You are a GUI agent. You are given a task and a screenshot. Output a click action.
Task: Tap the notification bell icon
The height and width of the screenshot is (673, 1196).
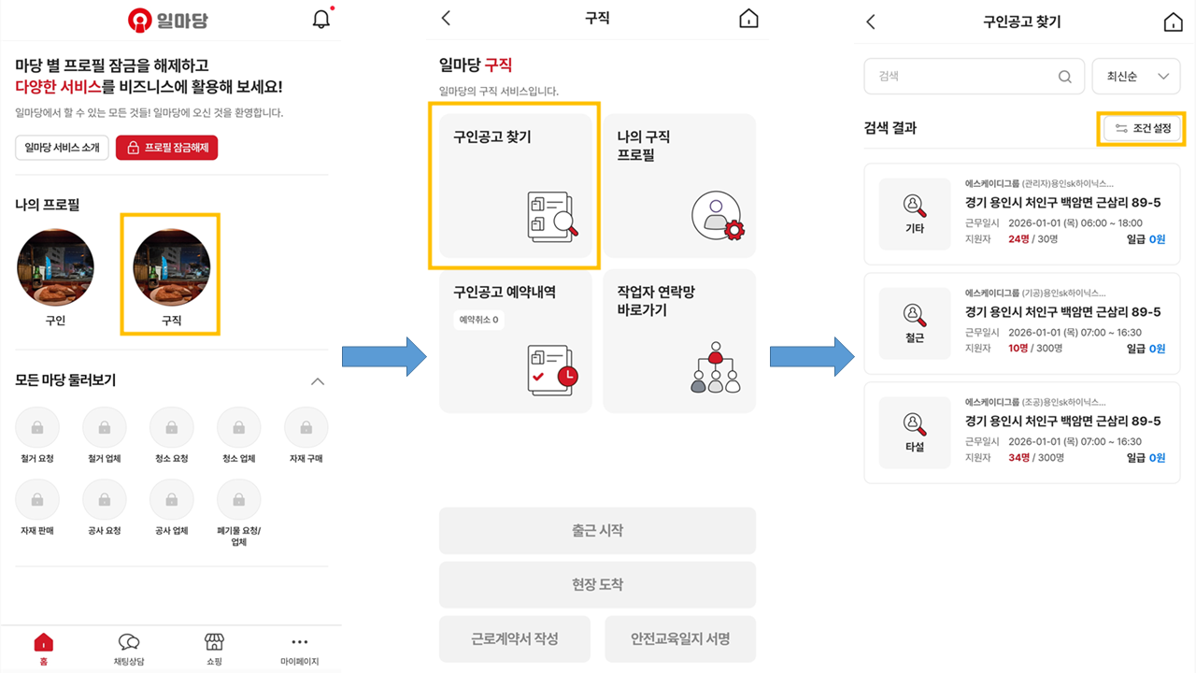(320, 19)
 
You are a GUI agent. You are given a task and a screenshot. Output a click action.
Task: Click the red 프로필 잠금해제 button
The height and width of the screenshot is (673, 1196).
(166, 148)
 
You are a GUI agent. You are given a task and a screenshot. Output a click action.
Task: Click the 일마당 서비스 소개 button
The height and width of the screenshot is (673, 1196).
(62, 148)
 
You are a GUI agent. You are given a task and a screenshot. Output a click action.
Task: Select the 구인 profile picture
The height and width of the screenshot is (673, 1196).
(55, 267)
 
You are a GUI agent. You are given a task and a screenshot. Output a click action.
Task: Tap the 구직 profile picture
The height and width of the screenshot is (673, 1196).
(171, 267)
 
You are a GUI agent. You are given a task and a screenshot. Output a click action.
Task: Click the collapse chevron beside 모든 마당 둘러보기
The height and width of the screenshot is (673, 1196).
(318, 381)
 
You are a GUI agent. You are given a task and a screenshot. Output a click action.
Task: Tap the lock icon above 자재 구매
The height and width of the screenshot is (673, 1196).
(306, 428)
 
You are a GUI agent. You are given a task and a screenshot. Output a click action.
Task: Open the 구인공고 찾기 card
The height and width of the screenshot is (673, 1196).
(515, 186)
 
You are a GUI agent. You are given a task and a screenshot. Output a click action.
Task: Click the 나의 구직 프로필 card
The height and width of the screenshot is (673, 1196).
(679, 186)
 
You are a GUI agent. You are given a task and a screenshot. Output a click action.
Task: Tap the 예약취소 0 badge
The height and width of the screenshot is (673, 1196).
(478, 320)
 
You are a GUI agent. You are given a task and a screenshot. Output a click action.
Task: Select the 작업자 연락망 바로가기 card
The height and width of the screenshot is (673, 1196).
(679, 341)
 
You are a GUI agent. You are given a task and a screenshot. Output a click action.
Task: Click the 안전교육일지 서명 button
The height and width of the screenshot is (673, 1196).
(679, 639)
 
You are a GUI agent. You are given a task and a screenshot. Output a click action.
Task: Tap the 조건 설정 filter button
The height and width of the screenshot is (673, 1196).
(1141, 128)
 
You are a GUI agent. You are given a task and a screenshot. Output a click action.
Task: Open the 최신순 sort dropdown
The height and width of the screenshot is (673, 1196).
(1136, 77)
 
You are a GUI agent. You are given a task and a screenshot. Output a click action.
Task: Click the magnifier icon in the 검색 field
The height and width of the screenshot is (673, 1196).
(1064, 77)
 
